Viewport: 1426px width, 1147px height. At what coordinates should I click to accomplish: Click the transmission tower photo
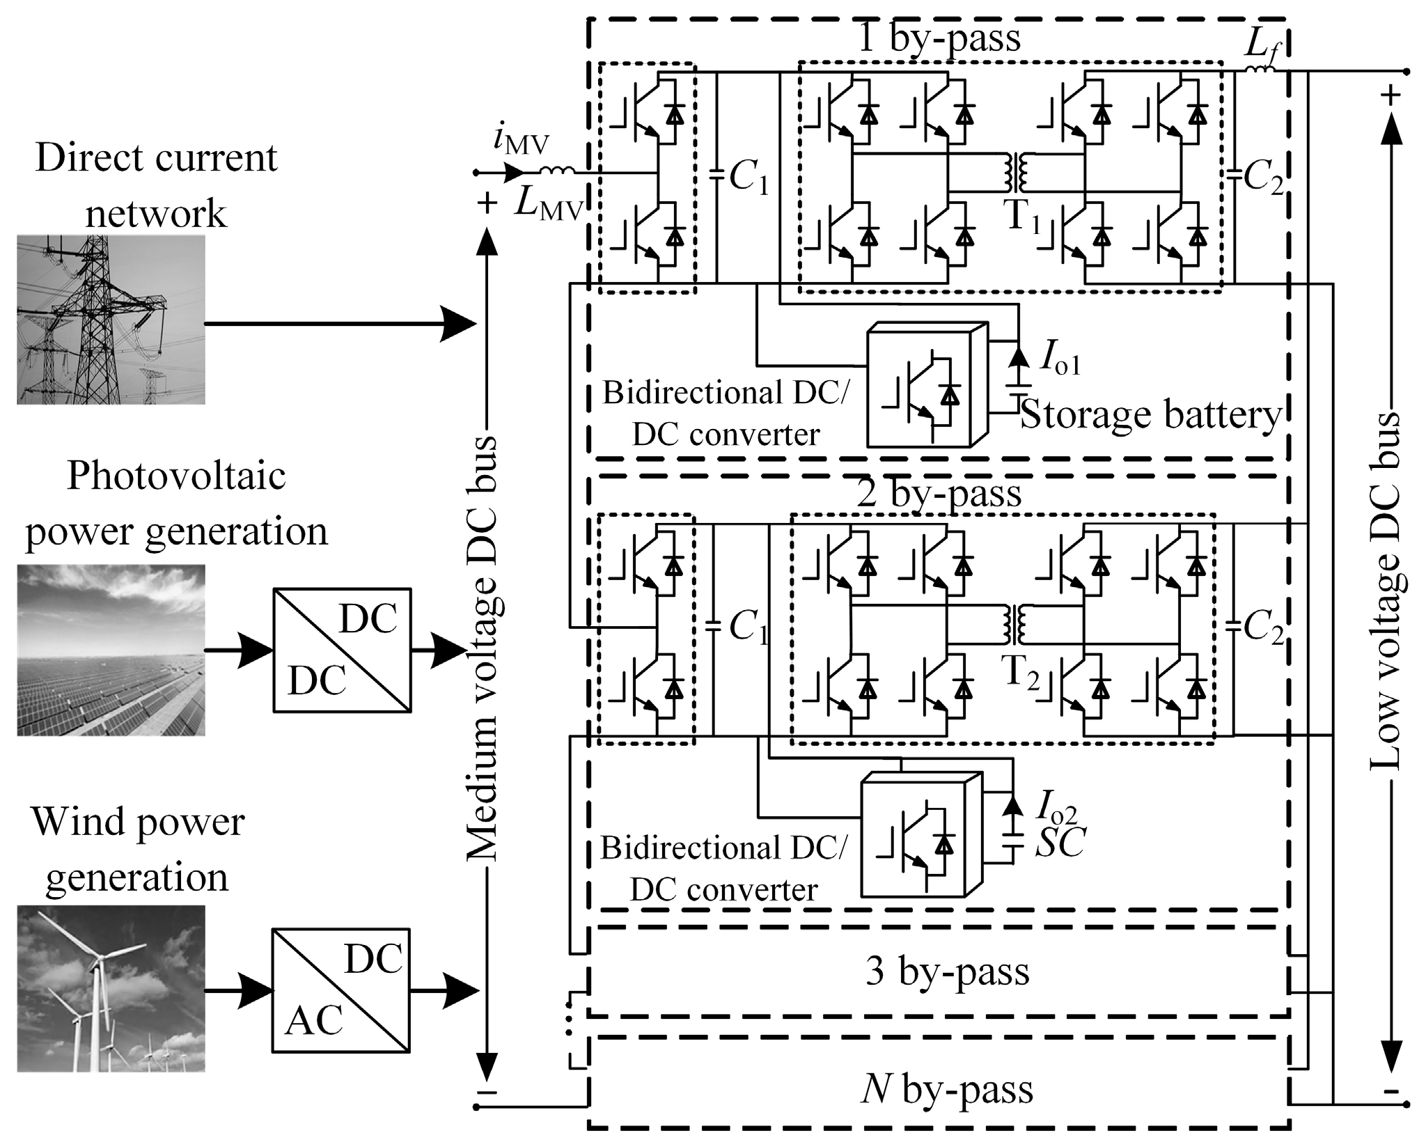(x=111, y=319)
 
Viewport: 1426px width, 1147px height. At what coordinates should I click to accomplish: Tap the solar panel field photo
(x=111, y=649)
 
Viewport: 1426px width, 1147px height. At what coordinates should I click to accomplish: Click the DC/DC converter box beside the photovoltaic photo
(x=341, y=649)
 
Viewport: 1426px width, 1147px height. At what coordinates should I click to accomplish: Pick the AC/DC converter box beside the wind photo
(x=340, y=989)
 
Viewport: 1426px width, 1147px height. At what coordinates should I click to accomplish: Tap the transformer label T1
(x=1022, y=215)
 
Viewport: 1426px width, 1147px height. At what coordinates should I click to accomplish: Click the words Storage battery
(x=1149, y=416)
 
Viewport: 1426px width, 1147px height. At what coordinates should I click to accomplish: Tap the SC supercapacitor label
(x=1060, y=843)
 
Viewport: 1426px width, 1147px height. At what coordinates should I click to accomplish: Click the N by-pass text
(x=946, y=1089)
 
